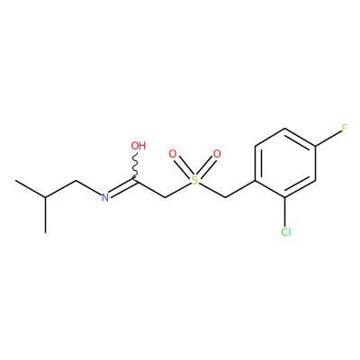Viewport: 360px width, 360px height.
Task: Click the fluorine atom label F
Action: (344, 128)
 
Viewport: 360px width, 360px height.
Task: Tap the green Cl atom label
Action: (286, 232)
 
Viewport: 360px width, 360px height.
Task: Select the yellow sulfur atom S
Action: (195, 180)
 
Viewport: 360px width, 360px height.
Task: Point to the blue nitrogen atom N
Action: (104, 197)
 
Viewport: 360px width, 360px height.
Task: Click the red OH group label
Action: (139, 146)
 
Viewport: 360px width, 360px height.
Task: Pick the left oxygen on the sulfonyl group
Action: (173, 154)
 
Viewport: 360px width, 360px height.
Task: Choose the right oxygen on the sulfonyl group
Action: (217, 154)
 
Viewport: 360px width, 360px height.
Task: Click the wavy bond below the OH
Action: (136, 166)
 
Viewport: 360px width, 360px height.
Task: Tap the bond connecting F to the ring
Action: (328, 138)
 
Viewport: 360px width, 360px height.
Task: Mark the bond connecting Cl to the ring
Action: (285, 211)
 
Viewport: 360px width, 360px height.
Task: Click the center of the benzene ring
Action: (285, 163)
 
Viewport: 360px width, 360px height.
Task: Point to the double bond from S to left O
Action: (183, 166)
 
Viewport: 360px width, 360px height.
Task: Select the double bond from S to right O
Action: (207, 166)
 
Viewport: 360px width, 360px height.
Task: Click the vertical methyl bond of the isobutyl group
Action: (46, 215)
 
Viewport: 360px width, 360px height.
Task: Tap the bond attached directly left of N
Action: (88, 187)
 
